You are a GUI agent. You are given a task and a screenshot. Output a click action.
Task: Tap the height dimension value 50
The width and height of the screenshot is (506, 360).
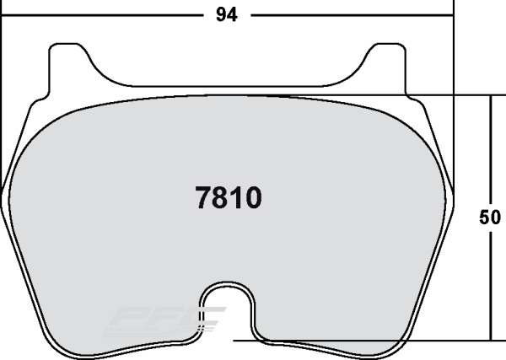coord(490,217)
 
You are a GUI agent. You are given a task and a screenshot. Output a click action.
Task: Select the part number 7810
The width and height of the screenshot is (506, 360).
coord(229,199)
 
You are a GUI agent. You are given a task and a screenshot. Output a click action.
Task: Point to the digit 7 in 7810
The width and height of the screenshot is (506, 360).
coord(203,199)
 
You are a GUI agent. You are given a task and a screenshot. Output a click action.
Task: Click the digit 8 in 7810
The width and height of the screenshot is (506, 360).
coord(221,199)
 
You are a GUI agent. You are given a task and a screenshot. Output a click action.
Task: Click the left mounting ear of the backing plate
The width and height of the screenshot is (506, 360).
coord(62,63)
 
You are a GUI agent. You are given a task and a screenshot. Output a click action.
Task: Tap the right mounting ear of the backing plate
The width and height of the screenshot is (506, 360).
coord(390,63)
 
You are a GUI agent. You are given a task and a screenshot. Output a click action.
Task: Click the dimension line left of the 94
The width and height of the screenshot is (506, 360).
coord(101,14)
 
